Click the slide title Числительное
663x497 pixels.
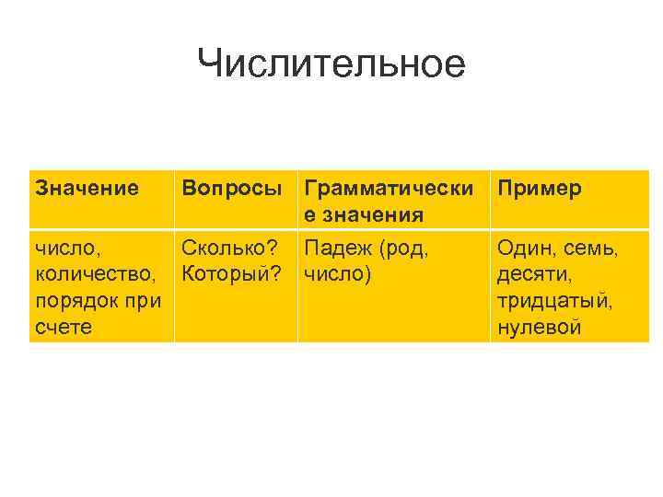click(x=331, y=64)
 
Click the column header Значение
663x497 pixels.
click(x=87, y=189)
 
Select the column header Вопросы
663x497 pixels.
click(x=231, y=189)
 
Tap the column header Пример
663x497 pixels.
click(x=539, y=189)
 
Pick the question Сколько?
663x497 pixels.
click(x=230, y=248)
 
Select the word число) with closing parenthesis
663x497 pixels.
click(x=338, y=274)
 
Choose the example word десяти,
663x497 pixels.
click(x=531, y=274)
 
